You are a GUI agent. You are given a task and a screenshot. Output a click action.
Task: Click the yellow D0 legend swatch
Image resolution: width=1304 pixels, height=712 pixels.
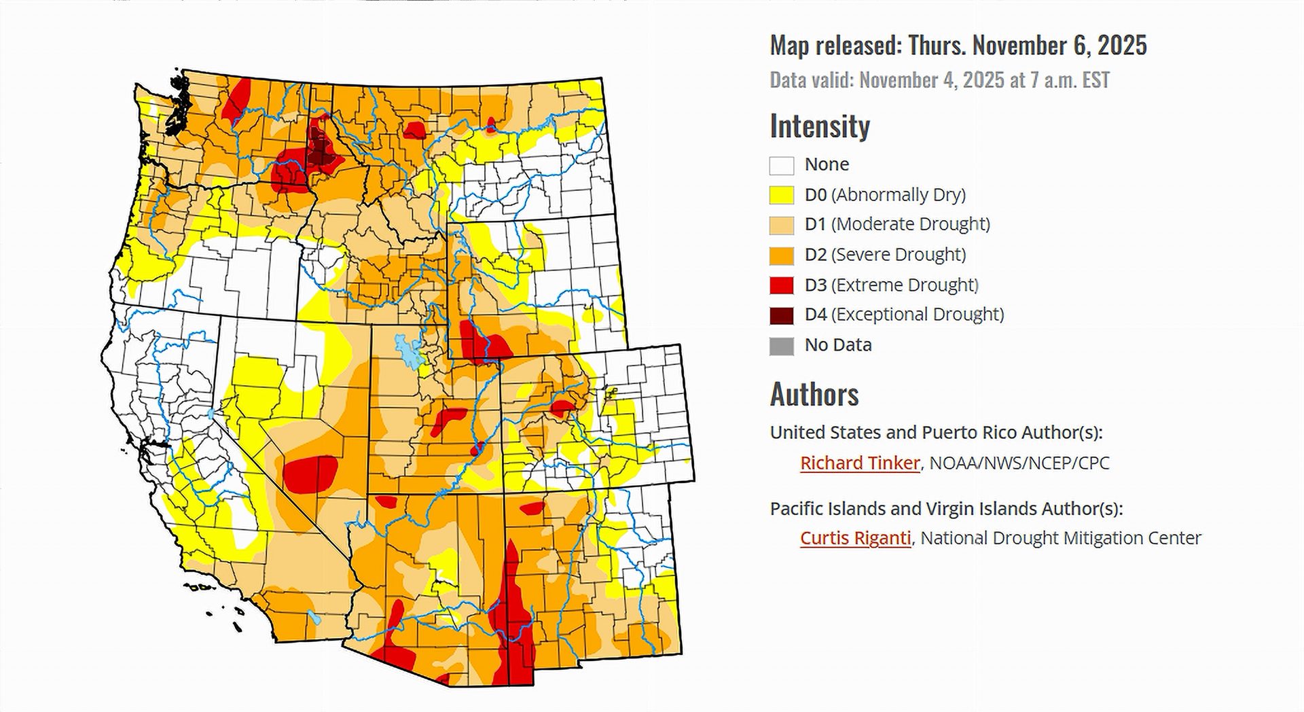click(782, 195)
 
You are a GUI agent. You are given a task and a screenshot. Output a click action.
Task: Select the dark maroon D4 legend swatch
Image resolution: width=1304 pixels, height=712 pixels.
click(782, 315)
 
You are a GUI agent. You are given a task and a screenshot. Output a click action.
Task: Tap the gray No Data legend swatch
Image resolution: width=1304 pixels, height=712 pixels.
click(782, 345)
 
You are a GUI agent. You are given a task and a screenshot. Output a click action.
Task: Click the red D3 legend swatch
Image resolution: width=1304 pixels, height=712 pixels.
click(782, 285)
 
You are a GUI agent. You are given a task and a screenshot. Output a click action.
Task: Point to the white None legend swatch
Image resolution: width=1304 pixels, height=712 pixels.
click(782, 165)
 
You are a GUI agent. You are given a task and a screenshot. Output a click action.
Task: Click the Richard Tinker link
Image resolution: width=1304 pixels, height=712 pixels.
click(859, 463)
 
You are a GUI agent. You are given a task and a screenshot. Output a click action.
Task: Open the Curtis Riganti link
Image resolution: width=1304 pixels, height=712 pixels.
click(855, 537)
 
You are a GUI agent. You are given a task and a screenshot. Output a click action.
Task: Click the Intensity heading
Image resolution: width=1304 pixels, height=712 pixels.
click(820, 126)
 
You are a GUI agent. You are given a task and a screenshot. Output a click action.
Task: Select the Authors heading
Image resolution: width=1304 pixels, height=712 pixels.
click(814, 394)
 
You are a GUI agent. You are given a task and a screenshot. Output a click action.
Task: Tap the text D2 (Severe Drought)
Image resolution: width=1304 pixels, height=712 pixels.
click(885, 255)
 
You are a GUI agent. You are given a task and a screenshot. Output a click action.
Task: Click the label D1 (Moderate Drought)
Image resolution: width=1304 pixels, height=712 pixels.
click(897, 224)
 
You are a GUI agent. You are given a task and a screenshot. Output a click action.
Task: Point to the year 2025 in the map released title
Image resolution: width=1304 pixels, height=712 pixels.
click(1121, 46)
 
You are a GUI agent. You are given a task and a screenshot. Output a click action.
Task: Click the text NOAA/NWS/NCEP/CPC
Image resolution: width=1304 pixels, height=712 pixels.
click(1019, 463)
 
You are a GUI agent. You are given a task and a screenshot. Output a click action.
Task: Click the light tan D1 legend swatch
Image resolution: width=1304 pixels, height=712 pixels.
click(782, 225)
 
